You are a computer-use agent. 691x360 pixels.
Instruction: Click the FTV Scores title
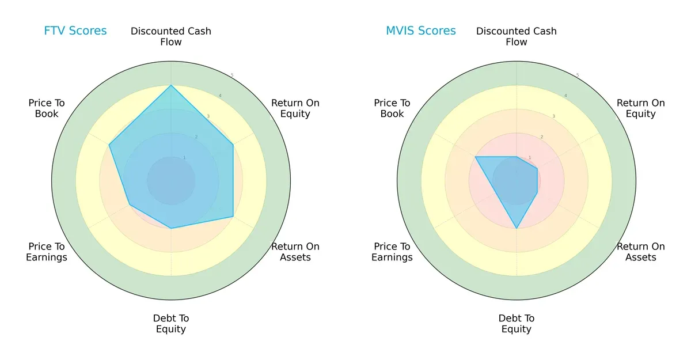tap(75, 31)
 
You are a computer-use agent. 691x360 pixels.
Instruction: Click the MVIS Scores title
tap(421, 31)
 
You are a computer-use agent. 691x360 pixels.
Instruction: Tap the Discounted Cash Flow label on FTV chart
tap(171, 36)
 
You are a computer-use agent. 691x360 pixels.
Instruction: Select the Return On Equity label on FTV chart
tap(295, 108)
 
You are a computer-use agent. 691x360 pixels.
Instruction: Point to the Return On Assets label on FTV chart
tap(295, 252)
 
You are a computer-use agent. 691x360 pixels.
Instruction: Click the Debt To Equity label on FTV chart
tap(171, 324)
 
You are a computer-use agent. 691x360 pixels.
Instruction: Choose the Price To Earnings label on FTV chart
tap(47, 252)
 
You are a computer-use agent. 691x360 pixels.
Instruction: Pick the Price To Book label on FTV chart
tap(47, 108)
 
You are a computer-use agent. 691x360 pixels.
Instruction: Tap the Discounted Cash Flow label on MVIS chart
tap(517, 36)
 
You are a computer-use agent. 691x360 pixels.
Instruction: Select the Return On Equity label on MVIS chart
tap(640, 108)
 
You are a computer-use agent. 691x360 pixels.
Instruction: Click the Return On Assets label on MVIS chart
tap(640, 252)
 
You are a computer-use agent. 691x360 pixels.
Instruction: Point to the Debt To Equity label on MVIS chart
tap(517, 324)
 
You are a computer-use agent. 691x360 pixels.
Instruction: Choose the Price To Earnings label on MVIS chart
tap(392, 252)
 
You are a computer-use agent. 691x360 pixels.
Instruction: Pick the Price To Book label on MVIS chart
tap(392, 108)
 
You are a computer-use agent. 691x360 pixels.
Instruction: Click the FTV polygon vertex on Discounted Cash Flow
tap(171, 86)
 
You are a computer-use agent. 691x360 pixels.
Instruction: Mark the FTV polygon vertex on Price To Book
tap(109, 145)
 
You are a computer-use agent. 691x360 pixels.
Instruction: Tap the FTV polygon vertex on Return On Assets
tap(233, 217)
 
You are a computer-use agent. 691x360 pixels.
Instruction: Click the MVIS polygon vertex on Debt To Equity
tap(517, 229)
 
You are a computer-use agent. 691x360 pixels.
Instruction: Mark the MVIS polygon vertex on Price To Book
tap(476, 157)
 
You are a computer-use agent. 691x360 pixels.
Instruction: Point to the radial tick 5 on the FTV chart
tap(232, 75)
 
